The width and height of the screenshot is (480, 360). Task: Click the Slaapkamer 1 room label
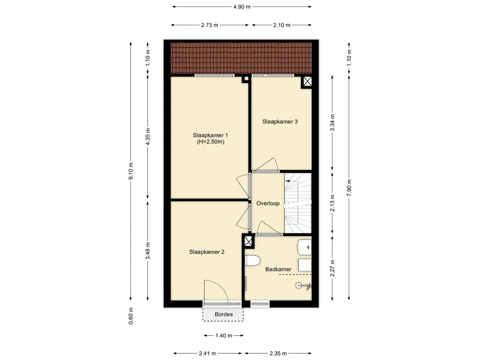tap(210, 135)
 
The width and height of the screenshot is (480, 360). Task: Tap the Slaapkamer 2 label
tap(207, 252)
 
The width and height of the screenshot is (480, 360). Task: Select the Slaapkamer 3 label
tap(280, 121)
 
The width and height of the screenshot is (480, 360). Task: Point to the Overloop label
tap(268, 203)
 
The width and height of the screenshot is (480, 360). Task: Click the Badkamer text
tap(278, 270)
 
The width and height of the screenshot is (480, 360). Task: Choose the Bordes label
tap(224, 315)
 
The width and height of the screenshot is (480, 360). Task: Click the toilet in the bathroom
tap(252, 261)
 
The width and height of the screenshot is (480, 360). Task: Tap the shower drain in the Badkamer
tap(299, 285)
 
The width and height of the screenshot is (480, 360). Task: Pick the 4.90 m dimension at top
tap(242, 7)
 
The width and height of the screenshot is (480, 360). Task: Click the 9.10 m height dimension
tap(131, 172)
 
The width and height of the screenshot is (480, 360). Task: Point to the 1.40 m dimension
tap(224, 336)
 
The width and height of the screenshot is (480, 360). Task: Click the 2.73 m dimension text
tap(210, 25)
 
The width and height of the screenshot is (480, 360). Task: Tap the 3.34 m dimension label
tap(332, 122)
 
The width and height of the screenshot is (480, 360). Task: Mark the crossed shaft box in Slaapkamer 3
tap(307, 82)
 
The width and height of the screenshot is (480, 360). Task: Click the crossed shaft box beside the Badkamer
tap(248, 241)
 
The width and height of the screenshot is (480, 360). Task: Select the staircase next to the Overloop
tap(298, 203)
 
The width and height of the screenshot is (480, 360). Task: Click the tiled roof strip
tap(241, 58)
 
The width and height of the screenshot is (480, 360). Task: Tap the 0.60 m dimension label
tap(131, 316)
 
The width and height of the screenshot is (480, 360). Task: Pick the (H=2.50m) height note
tap(210, 142)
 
